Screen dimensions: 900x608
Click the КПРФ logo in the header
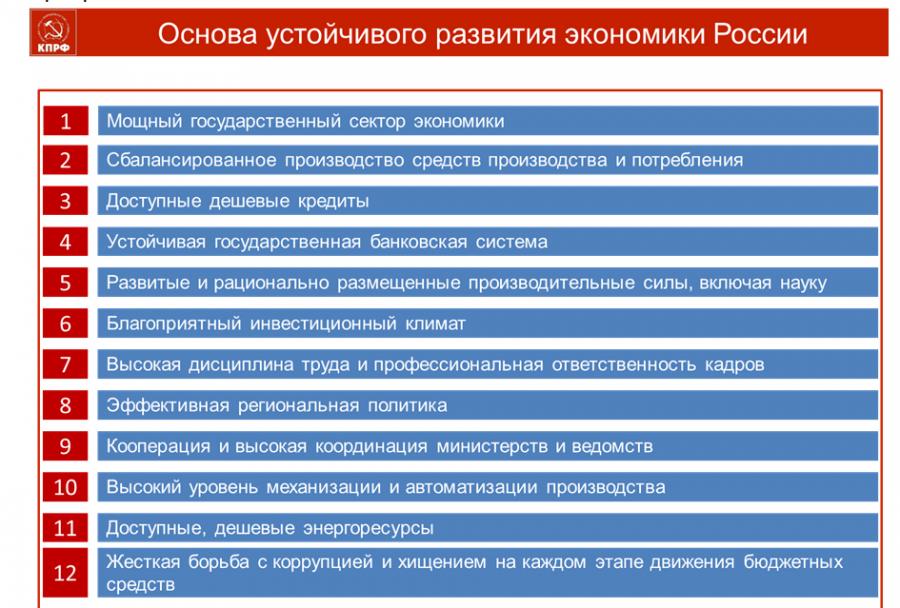pos(53,33)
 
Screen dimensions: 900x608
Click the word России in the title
pos(760,34)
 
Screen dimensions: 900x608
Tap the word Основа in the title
pos(207,34)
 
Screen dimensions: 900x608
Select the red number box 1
pos(65,121)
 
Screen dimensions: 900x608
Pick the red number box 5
pos(65,282)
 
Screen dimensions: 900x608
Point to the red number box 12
pos(65,572)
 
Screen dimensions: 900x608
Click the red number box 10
pos(65,487)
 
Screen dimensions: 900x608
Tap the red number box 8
pos(65,405)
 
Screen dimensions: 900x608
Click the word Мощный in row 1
pos(144,121)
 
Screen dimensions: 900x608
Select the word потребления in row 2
pos(687,160)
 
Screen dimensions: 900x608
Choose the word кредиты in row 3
pos(333,201)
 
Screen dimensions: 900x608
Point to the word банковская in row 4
pos(418,242)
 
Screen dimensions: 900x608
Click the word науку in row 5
pos(803,283)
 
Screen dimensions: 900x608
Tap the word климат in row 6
pos(435,324)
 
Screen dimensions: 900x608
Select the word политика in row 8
pos(407,405)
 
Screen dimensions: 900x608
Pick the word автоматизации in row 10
pos(471,487)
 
